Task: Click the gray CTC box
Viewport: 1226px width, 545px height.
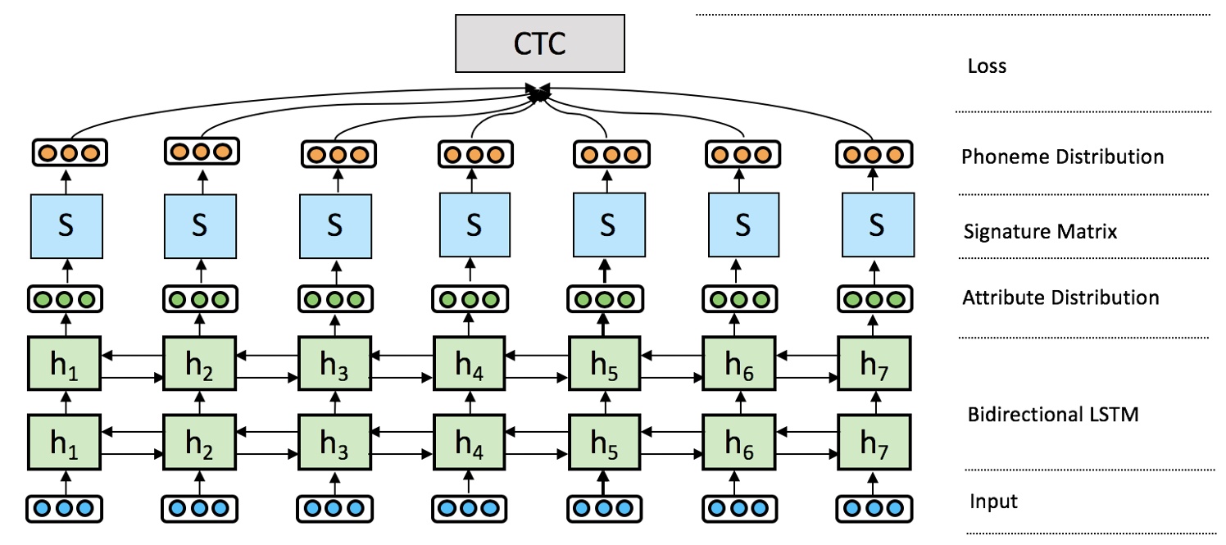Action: [x=540, y=43]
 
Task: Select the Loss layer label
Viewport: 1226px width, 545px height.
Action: [x=987, y=66]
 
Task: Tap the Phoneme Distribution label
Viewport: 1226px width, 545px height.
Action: [x=1062, y=156]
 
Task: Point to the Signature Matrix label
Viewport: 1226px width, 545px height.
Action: [x=1040, y=232]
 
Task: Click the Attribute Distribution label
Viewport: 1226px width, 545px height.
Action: [x=1060, y=297]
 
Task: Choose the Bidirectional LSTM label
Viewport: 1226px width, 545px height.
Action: [x=1053, y=414]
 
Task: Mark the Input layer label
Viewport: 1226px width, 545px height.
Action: [x=993, y=501]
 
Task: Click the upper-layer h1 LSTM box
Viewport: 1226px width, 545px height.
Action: [x=65, y=366]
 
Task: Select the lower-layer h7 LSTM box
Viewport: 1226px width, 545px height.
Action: [x=875, y=443]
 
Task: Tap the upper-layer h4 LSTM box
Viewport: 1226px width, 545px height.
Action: [x=469, y=366]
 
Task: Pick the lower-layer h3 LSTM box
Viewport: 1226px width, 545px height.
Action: [x=334, y=443]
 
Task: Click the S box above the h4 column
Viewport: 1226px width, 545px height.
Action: [x=473, y=225]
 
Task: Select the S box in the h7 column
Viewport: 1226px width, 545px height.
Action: [x=875, y=225]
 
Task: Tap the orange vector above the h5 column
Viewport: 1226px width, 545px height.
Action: [x=605, y=153]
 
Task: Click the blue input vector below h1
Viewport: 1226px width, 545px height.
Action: [x=65, y=508]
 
